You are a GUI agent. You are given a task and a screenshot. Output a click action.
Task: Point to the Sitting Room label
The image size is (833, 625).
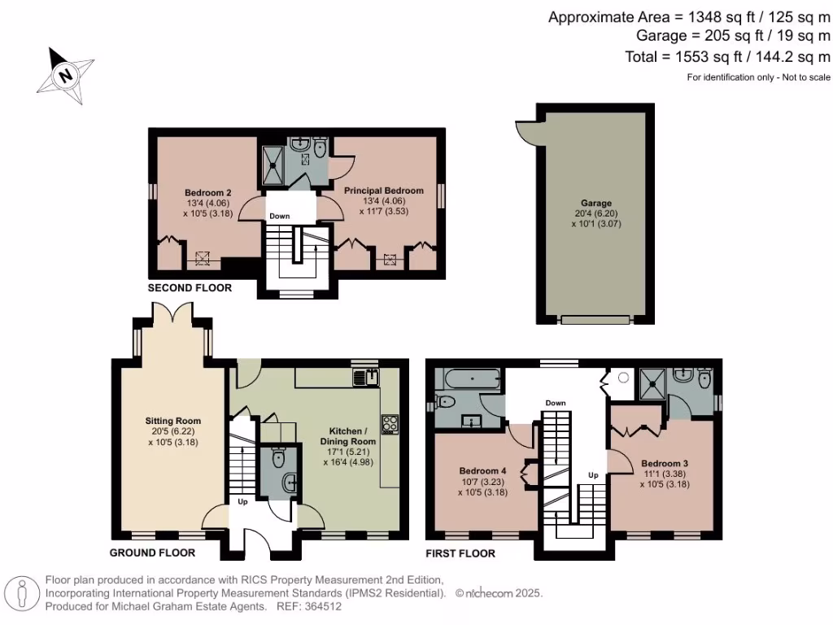pyautogui.click(x=174, y=421)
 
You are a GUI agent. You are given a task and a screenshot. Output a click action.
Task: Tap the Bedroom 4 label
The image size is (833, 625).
pyautogui.click(x=482, y=470)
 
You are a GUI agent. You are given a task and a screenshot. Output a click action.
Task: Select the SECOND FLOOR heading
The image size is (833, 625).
pyautogui.click(x=190, y=288)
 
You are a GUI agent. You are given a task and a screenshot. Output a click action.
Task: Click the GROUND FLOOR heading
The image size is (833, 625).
pyautogui.click(x=152, y=553)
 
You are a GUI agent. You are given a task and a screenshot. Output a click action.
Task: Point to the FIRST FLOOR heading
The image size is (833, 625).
pyautogui.click(x=461, y=553)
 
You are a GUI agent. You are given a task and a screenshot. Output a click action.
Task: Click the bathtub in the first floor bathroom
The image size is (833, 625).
pyautogui.click(x=466, y=379)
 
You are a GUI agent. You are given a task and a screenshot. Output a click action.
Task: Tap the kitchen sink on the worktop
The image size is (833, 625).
pyautogui.click(x=367, y=377)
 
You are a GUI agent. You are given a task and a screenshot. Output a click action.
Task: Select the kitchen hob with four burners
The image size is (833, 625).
pyautogui.click(x=390, y=423)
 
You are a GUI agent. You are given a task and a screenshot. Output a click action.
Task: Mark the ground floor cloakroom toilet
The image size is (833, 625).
pyautogui.click(x=277, y=458)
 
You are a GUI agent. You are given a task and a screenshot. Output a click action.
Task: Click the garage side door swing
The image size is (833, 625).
pyautogui.click(x=524, y=131)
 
